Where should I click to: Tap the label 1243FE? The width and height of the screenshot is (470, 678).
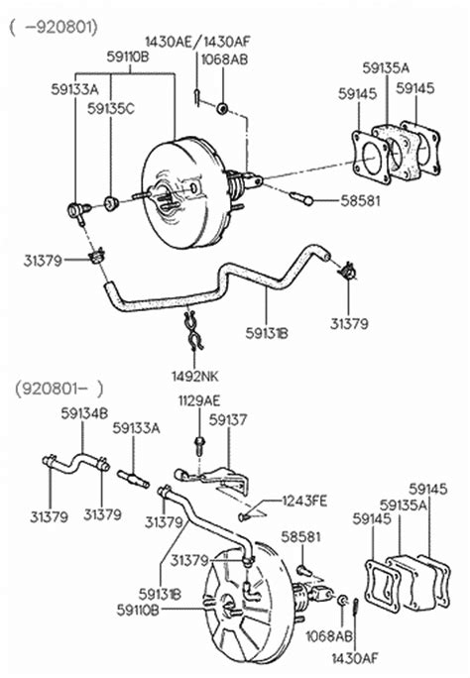tap(303, 500)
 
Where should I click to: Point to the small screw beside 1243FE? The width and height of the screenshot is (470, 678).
tap(245, 515)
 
